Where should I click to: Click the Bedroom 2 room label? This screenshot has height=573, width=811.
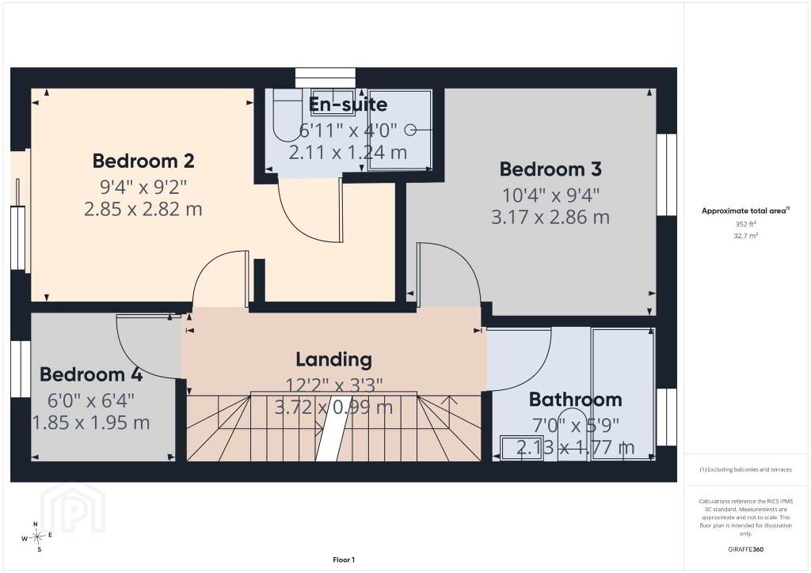[143, 161]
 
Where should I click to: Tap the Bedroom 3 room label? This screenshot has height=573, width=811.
[550, 169]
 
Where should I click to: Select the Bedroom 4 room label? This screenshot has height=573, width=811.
[91, 374]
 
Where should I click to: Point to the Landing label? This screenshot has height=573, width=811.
[333, 359]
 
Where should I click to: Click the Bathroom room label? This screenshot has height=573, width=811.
[575, 400]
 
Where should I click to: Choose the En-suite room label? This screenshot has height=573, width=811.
[348, 105]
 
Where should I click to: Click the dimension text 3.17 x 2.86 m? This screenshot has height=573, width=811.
[550, 218]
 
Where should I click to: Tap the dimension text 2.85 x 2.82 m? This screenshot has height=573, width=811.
[143, 209]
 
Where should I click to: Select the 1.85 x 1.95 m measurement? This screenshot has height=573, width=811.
[91, 423]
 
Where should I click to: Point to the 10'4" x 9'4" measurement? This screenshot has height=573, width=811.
[551, 195]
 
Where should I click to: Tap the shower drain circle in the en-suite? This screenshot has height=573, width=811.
[410, 131]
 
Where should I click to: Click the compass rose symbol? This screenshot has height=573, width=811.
[36, 537]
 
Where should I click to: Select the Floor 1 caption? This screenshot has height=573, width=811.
[344, 560]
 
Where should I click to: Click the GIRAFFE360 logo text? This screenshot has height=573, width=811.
[745, 549]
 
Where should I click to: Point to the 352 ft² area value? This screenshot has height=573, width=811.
[746, 224]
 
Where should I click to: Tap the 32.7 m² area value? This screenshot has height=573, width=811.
[746, 236]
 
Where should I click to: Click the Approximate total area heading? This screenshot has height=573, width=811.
[745, 211]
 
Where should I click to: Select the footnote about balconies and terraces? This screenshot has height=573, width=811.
[745, 469]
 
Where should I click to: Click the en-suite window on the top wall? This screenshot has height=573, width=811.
[326, 78]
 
